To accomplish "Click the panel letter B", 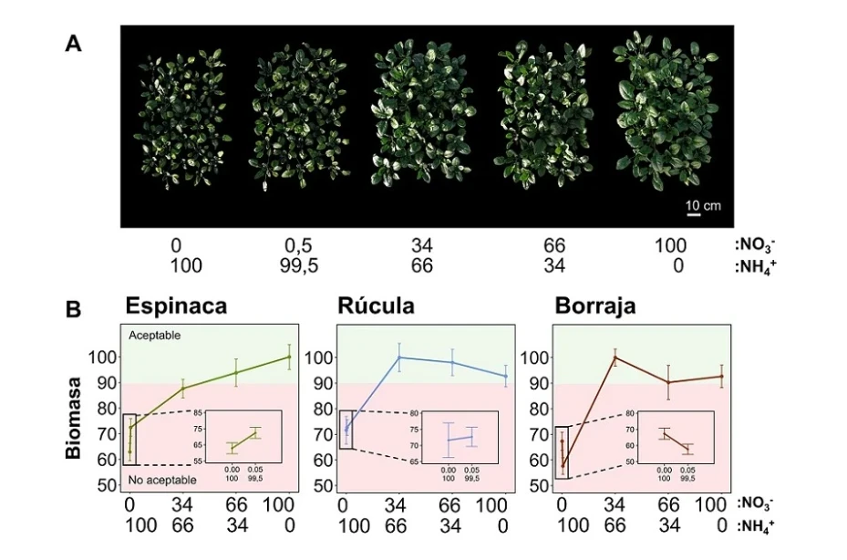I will (x=75, y=309).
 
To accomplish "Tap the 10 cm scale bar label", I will (x=703, y=206).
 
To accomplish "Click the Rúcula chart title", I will (x=376, y=306).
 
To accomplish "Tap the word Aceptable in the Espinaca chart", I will (x=155, y=336).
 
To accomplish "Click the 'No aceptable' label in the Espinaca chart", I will (x=161, y=481).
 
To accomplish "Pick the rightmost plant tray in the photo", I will (x=654, y=109).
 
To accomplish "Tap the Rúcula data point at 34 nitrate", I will (x=398, y=357).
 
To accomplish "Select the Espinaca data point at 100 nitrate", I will (x=289, y=357).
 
